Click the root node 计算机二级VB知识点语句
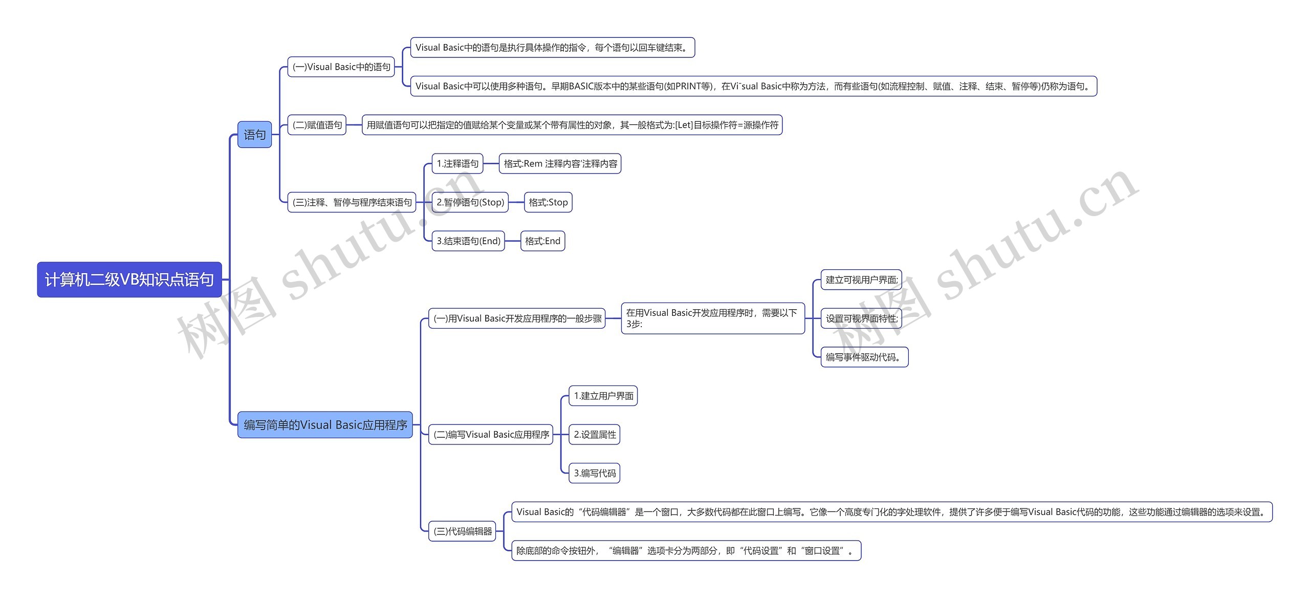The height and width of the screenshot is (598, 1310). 129,280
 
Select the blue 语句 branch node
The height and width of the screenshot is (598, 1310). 254,135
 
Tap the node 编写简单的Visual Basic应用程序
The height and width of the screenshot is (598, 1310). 325,425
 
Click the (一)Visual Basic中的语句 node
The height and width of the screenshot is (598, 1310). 341,67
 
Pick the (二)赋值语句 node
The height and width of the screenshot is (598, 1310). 317,125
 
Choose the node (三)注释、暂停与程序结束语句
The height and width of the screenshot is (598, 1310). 352,202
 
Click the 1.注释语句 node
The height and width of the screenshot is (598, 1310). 457,164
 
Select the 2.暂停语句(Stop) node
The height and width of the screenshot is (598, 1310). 470,202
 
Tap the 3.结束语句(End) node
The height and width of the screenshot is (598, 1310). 468,241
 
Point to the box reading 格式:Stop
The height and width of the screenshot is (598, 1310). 548,202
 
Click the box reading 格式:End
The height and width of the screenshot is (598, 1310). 542,241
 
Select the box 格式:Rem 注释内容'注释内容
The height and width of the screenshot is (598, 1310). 560,164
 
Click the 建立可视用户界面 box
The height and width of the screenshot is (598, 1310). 861,280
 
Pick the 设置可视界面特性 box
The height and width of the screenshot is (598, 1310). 861,318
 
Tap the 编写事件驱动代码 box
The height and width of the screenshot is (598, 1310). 864,357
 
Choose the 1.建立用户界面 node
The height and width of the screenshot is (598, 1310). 603,396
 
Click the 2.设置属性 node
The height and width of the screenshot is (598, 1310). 595,435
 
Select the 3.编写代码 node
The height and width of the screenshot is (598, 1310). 595,473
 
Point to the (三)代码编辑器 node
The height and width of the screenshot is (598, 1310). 463,531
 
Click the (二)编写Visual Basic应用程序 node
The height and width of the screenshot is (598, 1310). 491,435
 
